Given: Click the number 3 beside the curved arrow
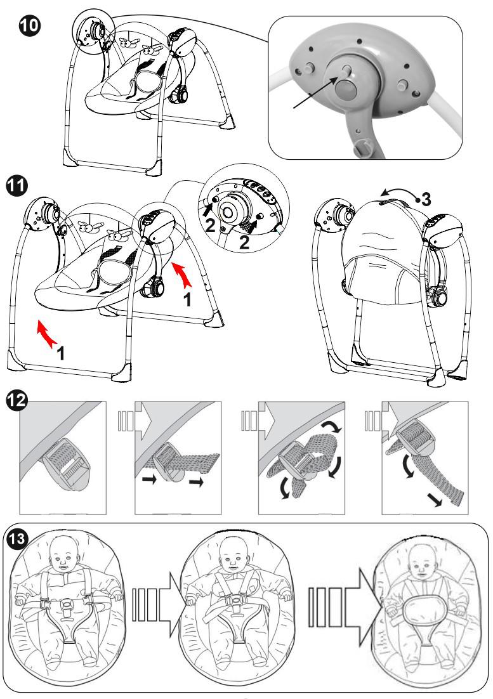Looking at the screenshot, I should (x=426, y=199).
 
